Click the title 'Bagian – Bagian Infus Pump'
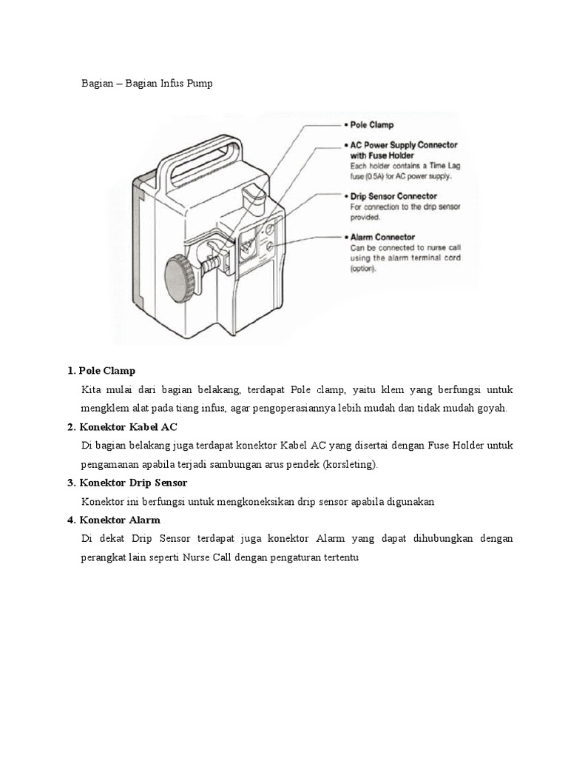click(146, 84)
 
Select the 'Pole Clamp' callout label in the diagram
click(372, 125)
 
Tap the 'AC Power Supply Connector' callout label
click(404, 145)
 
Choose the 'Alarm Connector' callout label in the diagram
click(382, 238)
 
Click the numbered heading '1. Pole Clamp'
click(101, 370)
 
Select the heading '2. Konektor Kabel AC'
click(122, 427)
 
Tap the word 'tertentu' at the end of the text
click(341, 557)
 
